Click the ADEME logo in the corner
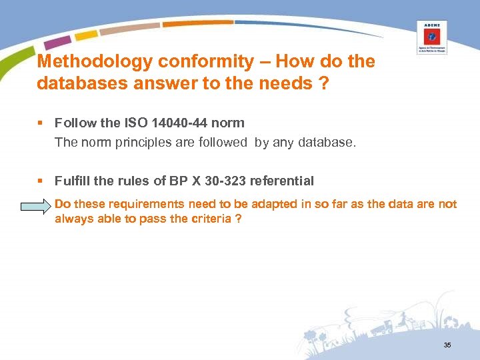(431, 37)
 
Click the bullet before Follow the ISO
(42, 123)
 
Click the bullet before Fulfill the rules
(42, 181)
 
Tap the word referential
(281, 181)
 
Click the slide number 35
(447, 345)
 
